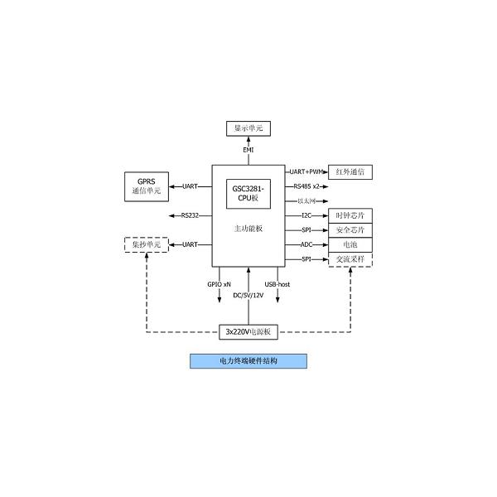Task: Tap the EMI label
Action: pos(248,150)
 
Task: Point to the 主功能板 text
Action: pos(248,228)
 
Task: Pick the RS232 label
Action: pos(190,215)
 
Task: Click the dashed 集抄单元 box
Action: pos(146,244)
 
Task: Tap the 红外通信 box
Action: pos(350,172)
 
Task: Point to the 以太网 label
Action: pos(305,201)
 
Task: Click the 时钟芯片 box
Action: pos(350,215)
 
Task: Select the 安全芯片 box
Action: pos(350,230)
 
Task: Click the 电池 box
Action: pos(350,245)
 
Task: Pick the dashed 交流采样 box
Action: pos(350,259)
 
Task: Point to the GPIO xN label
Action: pos(220,284)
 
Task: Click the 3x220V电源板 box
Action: pos(248,331)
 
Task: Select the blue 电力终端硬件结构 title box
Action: pos(248,361)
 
